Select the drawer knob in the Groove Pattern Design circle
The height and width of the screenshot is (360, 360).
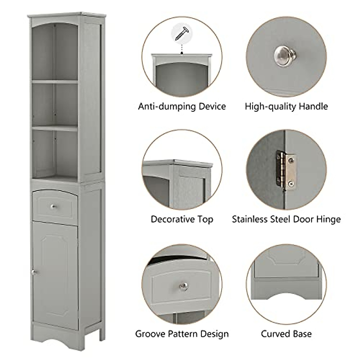click(x=182, y=285)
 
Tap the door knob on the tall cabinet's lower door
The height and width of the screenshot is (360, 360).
click(x=34, y=272)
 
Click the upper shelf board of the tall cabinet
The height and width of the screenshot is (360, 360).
click(x=55, y=81)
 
